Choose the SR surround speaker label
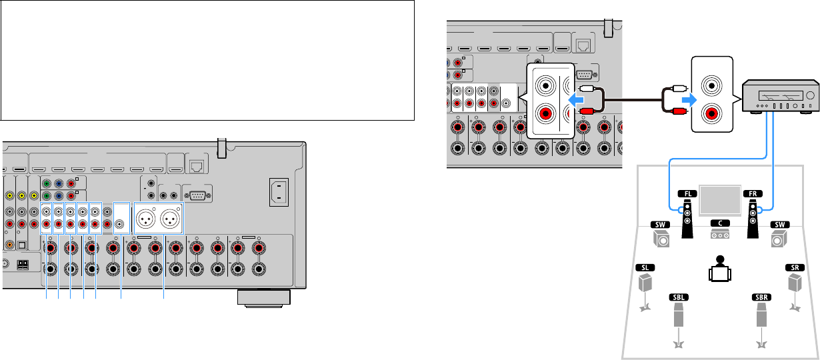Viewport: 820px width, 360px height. click(x=795, y=267)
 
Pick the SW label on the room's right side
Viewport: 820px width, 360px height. click(x=779, y=225)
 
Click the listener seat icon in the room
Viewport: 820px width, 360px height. click(x=719, y=269)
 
